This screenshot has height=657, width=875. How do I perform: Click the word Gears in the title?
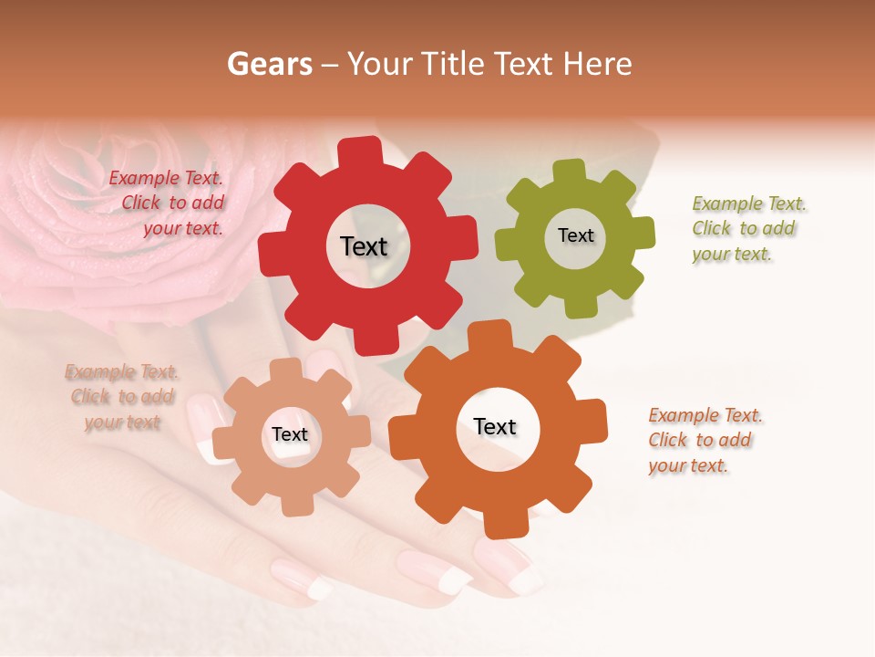[x=267, y=64]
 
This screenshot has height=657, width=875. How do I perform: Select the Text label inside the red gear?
[x=364, y=246]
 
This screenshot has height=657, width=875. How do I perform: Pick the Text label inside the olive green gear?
[x=575, y=235]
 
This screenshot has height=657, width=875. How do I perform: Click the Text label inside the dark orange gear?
[x=495, y=427]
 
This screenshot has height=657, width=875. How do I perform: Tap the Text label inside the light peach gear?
[x=290, y=435]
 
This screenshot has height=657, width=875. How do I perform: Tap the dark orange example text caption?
[x=704, y=441]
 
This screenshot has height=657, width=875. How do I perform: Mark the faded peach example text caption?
[x=121, y=397]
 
